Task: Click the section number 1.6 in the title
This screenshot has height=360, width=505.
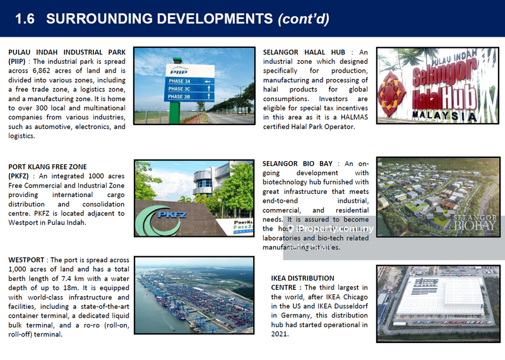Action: tap(25, 18)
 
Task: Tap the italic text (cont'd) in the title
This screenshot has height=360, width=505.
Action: tap(303, 18)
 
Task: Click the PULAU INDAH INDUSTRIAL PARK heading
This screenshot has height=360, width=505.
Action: tap(67, 52)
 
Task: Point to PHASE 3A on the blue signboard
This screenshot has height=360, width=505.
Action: tap(180, 81)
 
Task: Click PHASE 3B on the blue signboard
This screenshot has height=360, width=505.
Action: tap(180, 97)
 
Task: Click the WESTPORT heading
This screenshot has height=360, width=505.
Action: tap(28, 260)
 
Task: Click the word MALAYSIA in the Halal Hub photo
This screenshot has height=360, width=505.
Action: tap(442, 116)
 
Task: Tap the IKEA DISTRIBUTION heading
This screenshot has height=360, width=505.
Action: tap(303, 278)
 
